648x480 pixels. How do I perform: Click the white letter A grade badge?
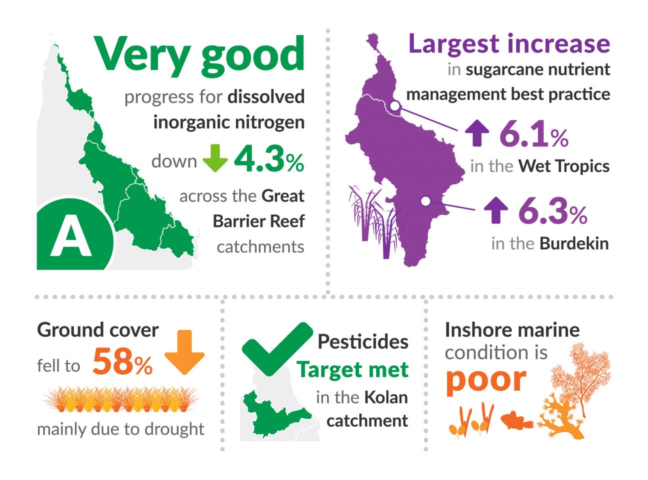point(71,235)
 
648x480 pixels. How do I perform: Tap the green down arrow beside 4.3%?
point(215,158)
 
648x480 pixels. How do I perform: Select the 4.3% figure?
point(269,159)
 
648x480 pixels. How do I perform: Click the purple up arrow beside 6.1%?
point(477,133)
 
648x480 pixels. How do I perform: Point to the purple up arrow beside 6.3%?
point(496,210)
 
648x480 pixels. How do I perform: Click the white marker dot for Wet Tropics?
point(394,106)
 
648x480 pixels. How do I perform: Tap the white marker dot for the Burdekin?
point(425,201)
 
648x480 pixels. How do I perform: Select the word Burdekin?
point(574,243)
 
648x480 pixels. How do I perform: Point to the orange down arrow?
point(184,352)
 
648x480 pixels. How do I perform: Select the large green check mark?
point(277,349)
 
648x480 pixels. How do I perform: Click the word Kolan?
point(386,397)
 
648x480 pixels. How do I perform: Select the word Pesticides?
point(363,341)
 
